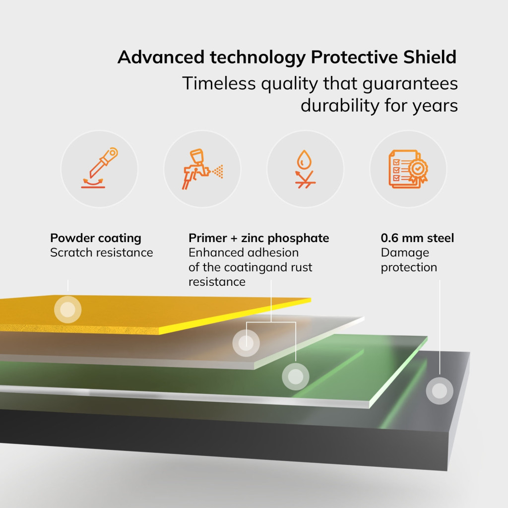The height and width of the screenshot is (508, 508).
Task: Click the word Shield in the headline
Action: tap(430, 57)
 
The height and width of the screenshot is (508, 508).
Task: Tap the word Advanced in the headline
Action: tap(161, 57)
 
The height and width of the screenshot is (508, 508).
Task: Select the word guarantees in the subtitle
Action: tap(410, 84)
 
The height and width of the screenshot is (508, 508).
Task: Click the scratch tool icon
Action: tap(99, 168)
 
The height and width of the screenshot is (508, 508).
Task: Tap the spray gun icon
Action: tap(202, 169)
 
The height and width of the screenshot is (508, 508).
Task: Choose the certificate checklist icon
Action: tap(408, 169)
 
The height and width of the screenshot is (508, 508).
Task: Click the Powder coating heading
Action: tap(96, 238)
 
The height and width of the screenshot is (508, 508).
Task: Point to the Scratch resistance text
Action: tap(101, 253)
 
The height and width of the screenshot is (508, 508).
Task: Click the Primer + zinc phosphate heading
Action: tap(258, 238)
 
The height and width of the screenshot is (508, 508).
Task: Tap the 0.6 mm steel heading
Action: tap(417, 238)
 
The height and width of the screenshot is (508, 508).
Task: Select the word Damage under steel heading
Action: tap(405, 253)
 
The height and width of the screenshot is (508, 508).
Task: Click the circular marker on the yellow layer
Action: tap(67, 310)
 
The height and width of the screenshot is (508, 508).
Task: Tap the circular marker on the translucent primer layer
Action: tap(246, 343)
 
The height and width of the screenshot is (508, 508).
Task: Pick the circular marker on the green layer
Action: tap(296, 377)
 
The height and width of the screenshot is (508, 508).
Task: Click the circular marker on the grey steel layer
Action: tap(440, 391)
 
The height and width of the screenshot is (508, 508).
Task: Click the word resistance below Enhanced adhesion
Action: tap(217, 282)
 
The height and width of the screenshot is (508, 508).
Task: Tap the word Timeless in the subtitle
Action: tap(219, 83)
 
